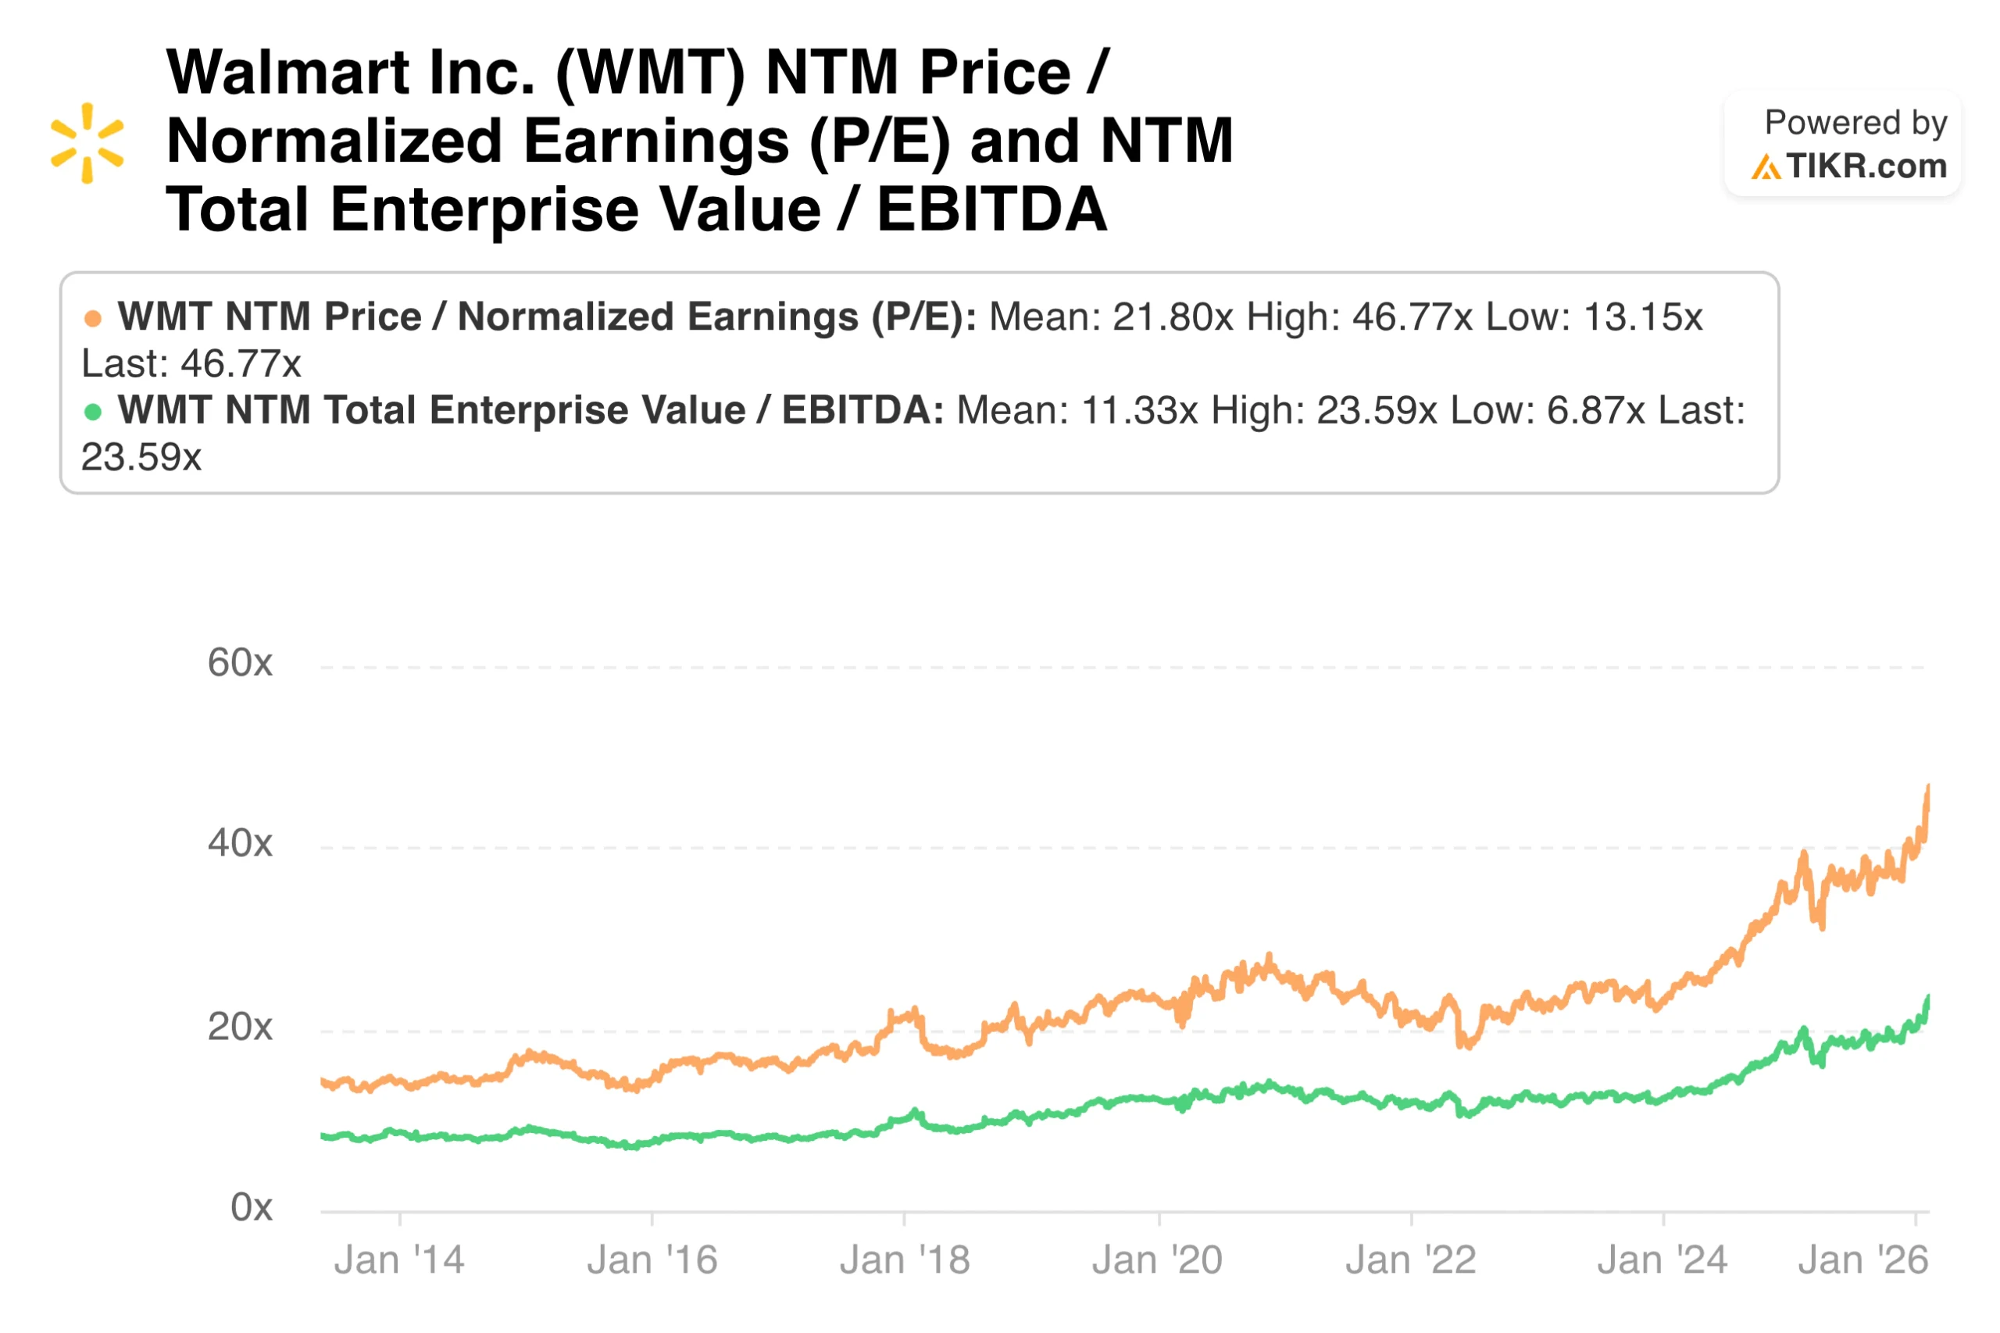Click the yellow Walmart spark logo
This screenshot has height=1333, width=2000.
click(x=87, y=142)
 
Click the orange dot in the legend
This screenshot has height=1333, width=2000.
click(x=93, y=319)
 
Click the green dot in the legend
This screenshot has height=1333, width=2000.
click(x=93, y=413)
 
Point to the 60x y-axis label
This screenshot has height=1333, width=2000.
click(x=240, y=663)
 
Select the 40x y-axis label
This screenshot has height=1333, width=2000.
click(x=240, y=843)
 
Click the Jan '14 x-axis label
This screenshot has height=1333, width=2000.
click(x=398, y=1260)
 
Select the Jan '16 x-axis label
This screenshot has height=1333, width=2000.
click(x=652, y=1260)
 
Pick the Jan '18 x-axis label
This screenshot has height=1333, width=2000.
click(x=905, y=1260)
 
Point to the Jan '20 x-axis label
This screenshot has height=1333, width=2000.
click(x=1157, y=1260)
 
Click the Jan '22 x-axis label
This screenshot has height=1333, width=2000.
click(x=1410, y=1260)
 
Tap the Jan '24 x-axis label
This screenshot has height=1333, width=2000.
click(x=1662, y=1260)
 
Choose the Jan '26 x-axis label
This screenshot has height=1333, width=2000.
click(x=1862, y=1260)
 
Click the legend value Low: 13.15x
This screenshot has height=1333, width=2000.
click(x=1594, y=317)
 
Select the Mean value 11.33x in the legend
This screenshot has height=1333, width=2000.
click(x=1139, y=411)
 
